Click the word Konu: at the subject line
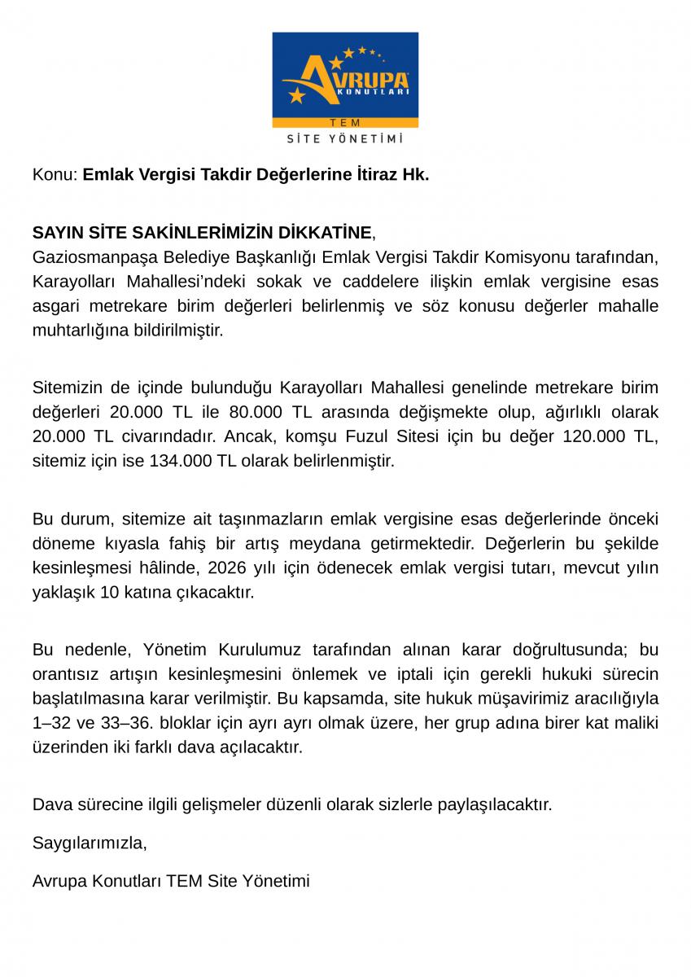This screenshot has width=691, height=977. (x=55, y=174)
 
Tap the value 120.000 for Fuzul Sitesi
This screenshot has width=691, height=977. (x=594, y=436)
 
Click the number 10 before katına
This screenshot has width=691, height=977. (x=109, y=592)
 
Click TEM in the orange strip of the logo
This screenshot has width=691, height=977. (x=345, y=122)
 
